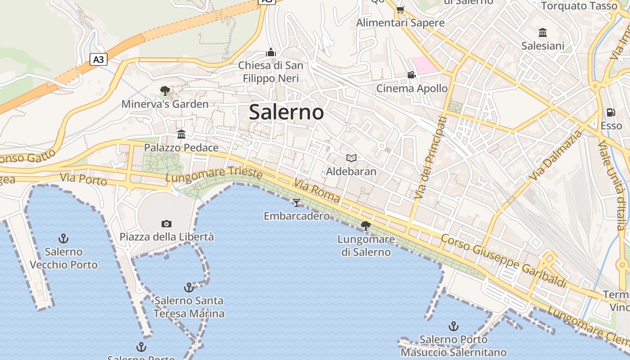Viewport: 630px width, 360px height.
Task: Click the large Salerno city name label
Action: click(x=286, y=112)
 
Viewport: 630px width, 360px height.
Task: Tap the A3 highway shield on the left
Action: click(x=99, y=59)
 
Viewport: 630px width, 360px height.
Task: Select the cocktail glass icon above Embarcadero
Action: click(x=296, y=202)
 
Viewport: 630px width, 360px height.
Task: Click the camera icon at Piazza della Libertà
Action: click(x=166, y=224)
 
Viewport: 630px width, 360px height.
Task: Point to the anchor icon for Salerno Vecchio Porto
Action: click(x=64, y=238)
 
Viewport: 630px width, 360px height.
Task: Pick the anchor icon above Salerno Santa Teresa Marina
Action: click(x=189, y=287)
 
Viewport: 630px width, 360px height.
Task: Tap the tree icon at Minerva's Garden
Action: click(x=165, y=91)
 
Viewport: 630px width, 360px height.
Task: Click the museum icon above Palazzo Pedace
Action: click(x=181, y=134)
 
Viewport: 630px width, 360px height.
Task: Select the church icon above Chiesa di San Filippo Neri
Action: click(x=270, y=53)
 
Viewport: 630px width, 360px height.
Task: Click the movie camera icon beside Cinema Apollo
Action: click(x=411, y=75)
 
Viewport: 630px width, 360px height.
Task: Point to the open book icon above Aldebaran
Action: click(x=351, y=158)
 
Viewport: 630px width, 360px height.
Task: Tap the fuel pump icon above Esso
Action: click(x=611, y=112)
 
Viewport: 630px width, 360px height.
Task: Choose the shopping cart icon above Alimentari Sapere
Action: click(x=400, y=9)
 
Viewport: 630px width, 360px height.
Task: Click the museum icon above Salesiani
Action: click(x=543, y=32)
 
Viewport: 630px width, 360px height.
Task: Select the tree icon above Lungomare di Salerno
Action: click(x=366, y=225)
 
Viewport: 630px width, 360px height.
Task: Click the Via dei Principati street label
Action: click(x=431, y=157)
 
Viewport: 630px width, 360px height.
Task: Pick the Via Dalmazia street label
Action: click(x=556, y=156)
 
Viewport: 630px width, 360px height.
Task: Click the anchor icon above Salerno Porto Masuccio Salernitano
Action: click(x=454, y=326)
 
